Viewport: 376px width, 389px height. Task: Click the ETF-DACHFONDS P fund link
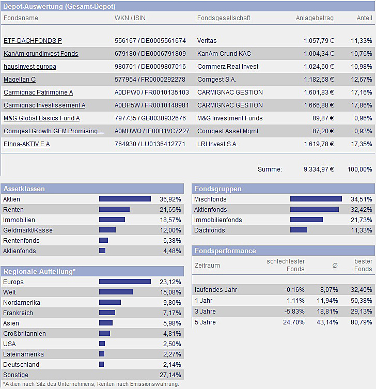33,41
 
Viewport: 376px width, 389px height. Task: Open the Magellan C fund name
20,80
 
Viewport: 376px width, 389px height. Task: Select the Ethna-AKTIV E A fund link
27,144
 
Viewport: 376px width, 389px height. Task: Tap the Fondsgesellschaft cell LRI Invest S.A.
217,144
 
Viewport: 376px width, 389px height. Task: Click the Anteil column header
364,18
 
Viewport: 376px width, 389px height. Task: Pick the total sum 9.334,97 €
319,169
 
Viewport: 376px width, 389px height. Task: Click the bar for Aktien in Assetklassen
125,199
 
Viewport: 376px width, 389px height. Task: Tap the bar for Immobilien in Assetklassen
112,220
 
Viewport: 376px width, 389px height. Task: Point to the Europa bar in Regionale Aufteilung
125,282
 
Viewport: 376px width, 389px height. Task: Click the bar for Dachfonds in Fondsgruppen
299,230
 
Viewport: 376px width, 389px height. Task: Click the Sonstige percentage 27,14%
170,375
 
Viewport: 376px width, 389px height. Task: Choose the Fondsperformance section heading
225,251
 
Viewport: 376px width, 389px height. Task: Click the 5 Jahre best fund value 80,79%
362,322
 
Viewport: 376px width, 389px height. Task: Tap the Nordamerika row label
22,303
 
